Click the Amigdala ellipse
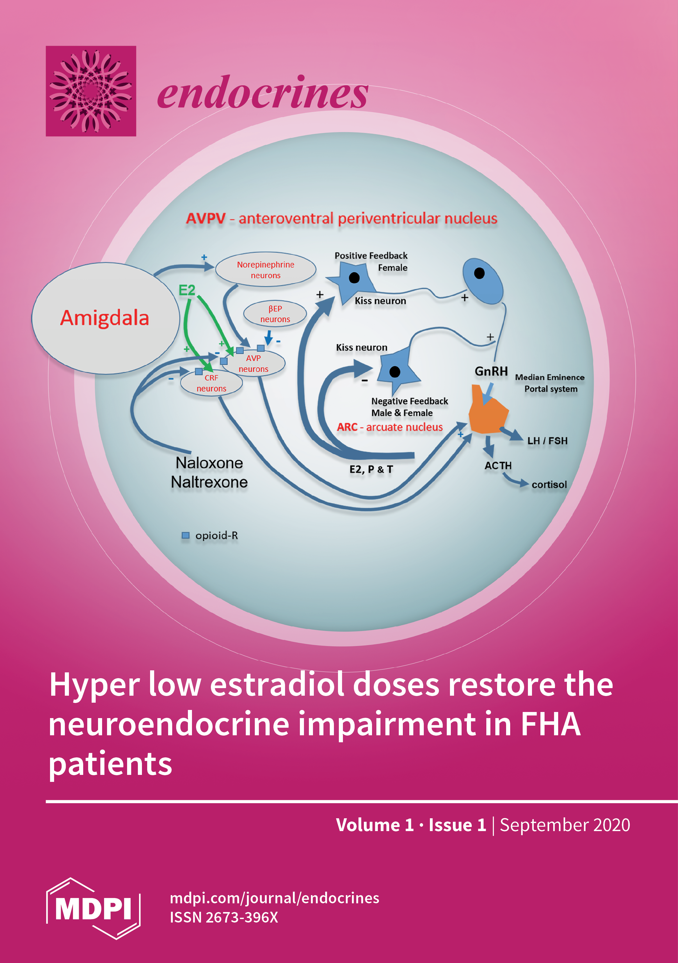[105, 318]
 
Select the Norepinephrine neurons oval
[266, 270]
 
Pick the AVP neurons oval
[254, 363]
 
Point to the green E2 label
[187, 290]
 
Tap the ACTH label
[498, 466]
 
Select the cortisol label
[549, 485]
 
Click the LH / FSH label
[547, 441]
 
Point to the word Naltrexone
[209, 482]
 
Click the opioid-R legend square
[185, 535]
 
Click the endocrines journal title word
[263, 93]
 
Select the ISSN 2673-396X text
[224, 917]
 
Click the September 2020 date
[565, 825]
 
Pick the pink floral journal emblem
[91, 91]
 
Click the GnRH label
[491, 371]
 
